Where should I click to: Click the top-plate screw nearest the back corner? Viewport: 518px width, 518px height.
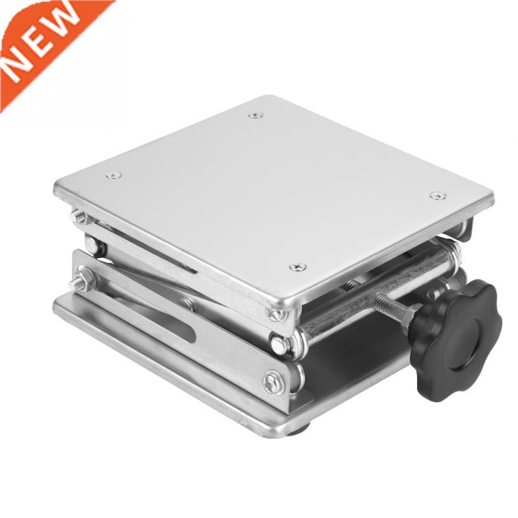pyautogui.click(x=256, y=115)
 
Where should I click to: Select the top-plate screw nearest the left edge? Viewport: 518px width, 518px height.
pyautogui.click(x=113, y=175)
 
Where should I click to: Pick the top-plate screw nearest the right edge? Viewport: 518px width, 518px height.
pyautogui.click(x=438, y=196)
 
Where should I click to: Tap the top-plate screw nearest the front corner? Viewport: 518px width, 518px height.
pyautogui.click(x=298, y=267)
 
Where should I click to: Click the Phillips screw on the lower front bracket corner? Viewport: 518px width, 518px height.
pyautogui.click(x=273, y=382)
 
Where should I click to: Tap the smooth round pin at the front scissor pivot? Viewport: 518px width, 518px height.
pyautogui.click(x=280, y=345)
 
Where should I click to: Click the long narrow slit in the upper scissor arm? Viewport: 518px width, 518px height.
pyautogui.click(x=155, y=249)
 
